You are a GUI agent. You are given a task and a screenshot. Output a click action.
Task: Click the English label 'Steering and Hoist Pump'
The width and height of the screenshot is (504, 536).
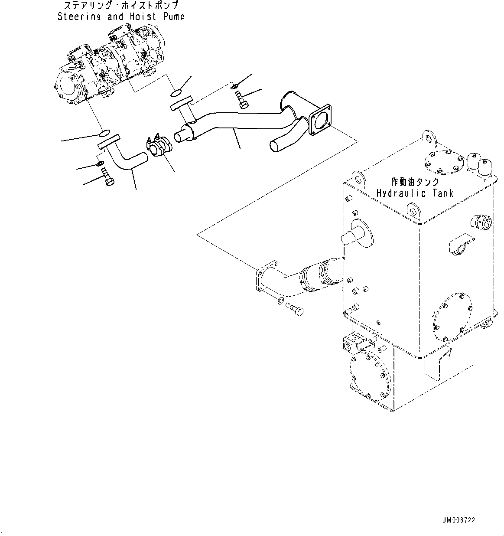click(121, 16)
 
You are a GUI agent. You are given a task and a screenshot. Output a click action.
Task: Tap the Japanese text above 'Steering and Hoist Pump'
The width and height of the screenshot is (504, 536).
click(121, 6)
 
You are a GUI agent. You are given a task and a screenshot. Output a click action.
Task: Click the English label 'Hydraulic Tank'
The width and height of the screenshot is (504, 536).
click(415, 193)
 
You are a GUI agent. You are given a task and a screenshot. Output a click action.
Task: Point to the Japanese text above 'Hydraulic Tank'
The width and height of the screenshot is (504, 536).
click(415, 182)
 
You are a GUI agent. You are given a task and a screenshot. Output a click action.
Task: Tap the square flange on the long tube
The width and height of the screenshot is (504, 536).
click(321, 116)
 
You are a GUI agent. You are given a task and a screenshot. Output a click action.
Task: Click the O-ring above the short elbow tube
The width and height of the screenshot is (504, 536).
click(106, 132)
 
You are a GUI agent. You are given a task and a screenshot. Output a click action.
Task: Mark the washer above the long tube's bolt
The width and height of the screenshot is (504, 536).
click(234, 86)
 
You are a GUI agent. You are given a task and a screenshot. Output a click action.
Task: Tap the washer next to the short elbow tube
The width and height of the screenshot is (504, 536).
click(100, 163)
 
